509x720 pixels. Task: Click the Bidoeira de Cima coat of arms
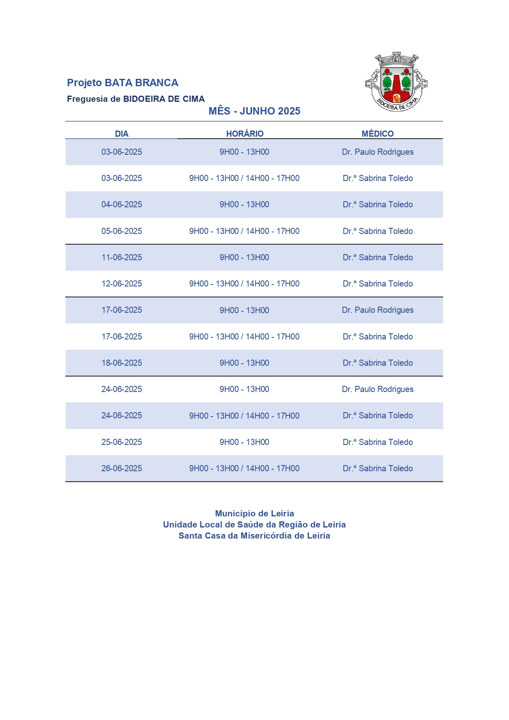point(397,82)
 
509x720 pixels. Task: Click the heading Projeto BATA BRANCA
point(122,83)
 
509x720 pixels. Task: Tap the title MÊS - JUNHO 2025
point(254,111)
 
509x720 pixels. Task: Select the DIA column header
point(122,134)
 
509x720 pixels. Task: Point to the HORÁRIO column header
point(245,134)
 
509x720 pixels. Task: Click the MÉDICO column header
point(378,134)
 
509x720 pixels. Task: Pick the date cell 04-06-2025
point(122,204)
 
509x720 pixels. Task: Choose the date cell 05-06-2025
point(122,231)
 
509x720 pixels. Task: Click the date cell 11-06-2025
point(122,257)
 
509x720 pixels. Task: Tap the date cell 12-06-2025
point(122,284)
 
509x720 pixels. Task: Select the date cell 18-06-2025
point(122,363)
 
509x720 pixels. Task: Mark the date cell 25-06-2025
point(122,442)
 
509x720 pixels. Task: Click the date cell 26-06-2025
point(122,468)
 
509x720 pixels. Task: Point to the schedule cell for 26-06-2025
point(244,468)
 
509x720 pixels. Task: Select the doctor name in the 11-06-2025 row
point(378,257)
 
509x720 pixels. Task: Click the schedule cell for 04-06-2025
point(244,204)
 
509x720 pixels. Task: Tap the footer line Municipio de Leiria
point(254,514)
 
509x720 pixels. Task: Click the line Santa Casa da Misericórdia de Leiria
point(254,536)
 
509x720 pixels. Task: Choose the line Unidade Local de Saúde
point(254,525)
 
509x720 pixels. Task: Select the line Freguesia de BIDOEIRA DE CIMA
point(136,99)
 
